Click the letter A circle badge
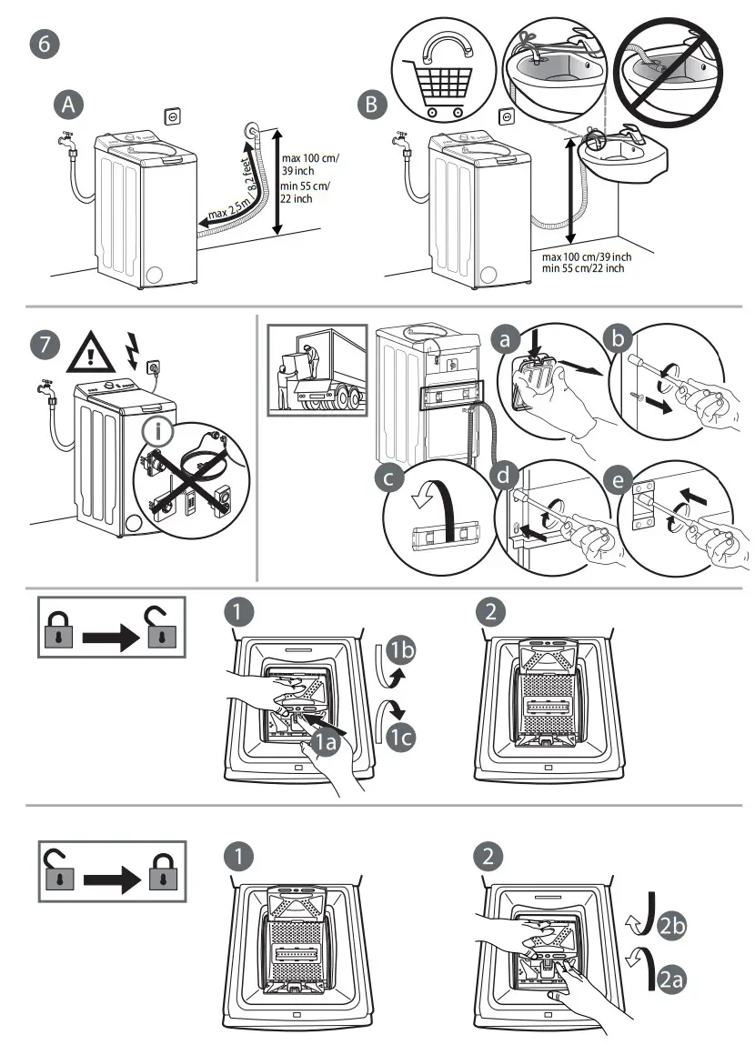[66, 105]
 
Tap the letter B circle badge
[369, 105]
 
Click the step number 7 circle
[44, 345]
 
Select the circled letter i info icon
[157, 433]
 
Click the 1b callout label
[401, 649]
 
